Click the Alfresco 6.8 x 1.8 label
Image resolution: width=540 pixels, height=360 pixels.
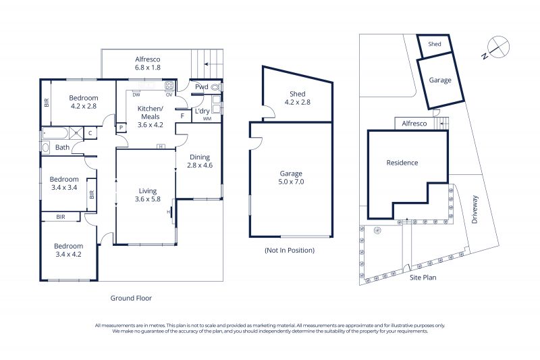(147, 63)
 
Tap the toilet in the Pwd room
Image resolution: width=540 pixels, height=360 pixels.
(215, 87)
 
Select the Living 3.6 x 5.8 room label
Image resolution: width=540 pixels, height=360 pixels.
(147, 195)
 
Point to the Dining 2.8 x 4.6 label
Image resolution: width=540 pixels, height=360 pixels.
(200, 161)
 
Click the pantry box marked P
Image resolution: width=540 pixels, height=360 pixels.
(122, 128)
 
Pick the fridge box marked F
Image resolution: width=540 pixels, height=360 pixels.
(183, 115)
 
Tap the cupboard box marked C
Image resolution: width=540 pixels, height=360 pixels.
(90, 133)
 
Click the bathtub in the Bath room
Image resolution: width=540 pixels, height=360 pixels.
(55, 133)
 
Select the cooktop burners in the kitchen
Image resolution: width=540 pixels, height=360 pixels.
(169, 85)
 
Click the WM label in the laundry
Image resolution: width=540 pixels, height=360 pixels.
(207, 119)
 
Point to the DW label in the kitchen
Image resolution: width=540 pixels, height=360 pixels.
(136, 95)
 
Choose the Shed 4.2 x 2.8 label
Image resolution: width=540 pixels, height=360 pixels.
(297, 98)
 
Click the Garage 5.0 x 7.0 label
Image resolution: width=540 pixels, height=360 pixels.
(291, 178)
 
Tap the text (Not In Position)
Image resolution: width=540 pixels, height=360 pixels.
(290, 251)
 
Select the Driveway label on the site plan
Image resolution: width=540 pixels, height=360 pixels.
(475, 209)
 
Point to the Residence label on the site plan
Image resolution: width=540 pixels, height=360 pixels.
(402, 163)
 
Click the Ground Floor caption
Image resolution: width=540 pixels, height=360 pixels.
(131, 299)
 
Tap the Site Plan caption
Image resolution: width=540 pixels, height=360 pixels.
(423, 278)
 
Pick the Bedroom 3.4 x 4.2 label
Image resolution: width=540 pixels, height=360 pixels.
(69, 250)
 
